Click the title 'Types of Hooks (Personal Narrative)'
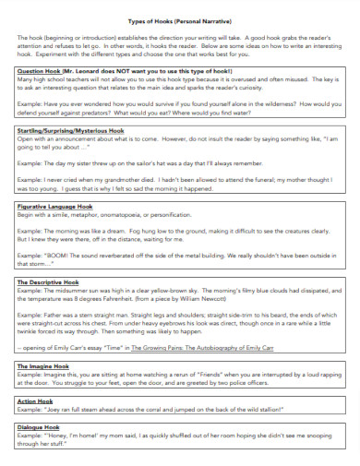(x=180, y=19)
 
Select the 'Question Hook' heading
(x=38, y=70)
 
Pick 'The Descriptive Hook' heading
(x=47, y=279)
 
